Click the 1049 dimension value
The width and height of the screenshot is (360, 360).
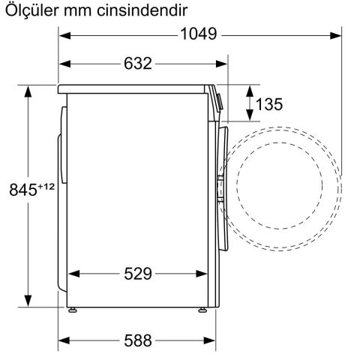[198, 34]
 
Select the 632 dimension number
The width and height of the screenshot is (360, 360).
[137, 64]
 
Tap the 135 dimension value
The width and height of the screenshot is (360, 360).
[269, 104]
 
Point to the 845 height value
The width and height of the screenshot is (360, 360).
[22, 190]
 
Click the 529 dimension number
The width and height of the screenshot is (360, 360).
[137, 274]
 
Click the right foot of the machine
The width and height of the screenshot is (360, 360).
[202, 309]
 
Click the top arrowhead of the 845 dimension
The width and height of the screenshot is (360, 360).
[28, 91]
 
